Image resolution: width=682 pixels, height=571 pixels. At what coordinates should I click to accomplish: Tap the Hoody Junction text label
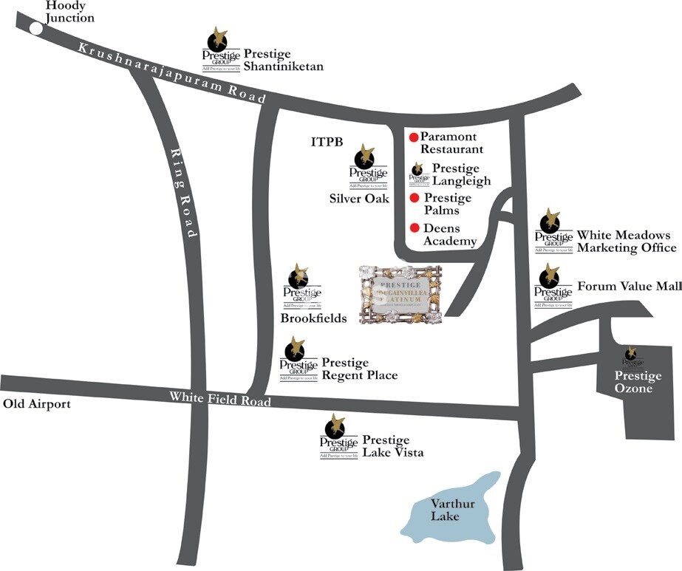tap(70, 12)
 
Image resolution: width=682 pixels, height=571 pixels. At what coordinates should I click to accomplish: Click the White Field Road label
tap(220, 398)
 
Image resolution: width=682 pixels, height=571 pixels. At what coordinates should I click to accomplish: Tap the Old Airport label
tap(37, 404)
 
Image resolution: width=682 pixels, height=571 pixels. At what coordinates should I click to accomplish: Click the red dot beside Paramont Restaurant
tap(414, 137)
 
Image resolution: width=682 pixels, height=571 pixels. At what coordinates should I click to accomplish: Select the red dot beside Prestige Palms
tap(415, 198)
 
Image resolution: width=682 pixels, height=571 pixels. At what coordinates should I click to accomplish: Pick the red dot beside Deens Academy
tap(415, 228)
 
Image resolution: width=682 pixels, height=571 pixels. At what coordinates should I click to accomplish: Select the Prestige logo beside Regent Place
tap(299, 358)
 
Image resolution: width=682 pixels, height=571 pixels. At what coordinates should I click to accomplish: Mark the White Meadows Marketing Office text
tap(626, 241)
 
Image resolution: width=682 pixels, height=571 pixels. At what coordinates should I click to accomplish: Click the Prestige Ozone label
tap(634, 382)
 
